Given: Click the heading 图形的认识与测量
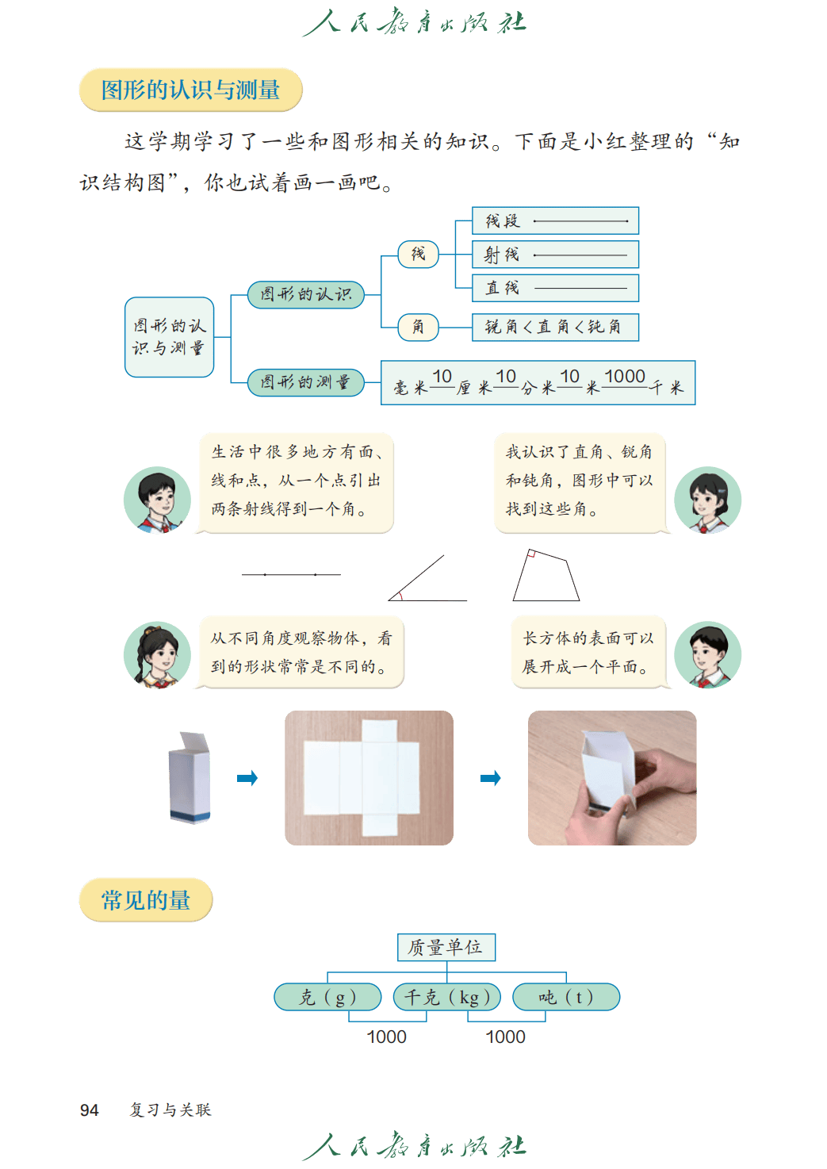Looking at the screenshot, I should tap(190, 90).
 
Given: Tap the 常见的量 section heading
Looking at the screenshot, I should tap(146, 900).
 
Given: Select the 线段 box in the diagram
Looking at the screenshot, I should tap(555, 220).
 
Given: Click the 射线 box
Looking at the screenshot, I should tap(555, 255).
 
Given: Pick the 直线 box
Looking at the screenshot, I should tap(555, 288).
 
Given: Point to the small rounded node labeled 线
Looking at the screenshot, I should tap(418, 254).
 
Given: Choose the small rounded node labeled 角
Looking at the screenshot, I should tap(418, 327).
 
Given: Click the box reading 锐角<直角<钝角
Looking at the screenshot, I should tap(555, 327).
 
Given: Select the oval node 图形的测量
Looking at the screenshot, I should tap(305, 382).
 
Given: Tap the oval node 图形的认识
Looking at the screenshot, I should tap(305, 294).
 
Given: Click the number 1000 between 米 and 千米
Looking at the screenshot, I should tap(625, 377).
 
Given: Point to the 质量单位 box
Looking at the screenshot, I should tap(446, 947).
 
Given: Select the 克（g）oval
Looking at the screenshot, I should tap(327, 997).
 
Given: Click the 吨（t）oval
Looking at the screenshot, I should tap(566, 997).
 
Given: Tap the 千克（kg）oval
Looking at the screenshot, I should tap(447, 997).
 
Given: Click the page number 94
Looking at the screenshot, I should tap(89, 1110).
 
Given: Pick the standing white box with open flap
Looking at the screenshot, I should tap(190, 777).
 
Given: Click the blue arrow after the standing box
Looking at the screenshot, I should tap(248, 778).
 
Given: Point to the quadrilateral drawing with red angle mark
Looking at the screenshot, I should tap(546, 576).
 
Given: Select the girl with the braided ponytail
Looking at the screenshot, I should tap(157, 655).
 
